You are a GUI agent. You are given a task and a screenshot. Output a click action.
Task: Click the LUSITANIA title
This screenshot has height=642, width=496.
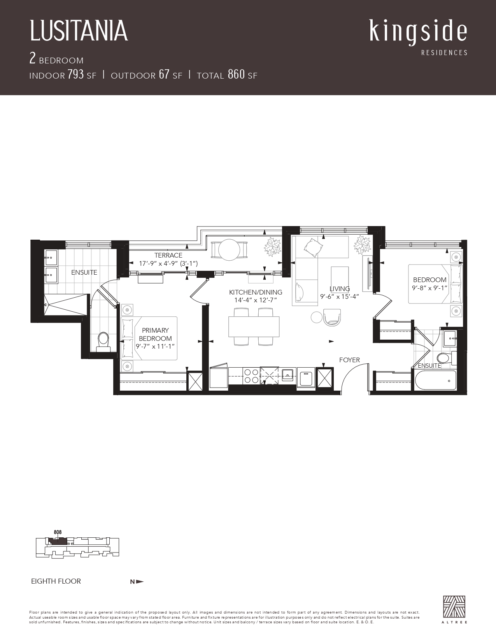point(79,31)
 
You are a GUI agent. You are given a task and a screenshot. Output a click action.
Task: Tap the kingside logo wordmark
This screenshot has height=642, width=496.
point(418,32)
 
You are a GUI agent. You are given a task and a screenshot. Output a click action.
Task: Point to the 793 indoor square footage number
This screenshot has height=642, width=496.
point(75,75)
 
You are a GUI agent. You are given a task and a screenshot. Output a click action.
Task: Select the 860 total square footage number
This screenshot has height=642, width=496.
point(237,75)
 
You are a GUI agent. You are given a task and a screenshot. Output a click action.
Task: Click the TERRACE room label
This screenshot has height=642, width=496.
point(168,255)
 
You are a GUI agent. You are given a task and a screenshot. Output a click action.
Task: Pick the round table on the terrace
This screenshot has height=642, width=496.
point(229,250)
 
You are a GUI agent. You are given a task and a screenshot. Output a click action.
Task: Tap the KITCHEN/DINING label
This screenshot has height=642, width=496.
point(256,292)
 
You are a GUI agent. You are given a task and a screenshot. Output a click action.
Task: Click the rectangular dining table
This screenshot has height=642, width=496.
point(254,326)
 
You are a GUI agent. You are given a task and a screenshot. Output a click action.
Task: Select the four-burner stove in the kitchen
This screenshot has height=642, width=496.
point(251,376)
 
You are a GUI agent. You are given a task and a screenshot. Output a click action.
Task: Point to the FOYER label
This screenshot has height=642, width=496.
point(349,360)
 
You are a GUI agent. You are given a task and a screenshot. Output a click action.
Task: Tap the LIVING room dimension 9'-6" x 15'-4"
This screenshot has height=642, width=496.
point(340,296)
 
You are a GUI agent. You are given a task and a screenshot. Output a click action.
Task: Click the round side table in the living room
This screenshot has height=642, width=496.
point(317,317)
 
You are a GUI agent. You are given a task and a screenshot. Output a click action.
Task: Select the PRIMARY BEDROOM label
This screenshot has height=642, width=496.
point(155,334)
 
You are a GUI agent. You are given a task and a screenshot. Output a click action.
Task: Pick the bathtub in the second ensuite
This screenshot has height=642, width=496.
point(435,380)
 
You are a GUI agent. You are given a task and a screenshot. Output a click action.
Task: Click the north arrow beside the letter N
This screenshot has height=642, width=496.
point(140,582)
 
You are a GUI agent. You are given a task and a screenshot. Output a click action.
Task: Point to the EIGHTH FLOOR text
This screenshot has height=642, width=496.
point(56,581)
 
